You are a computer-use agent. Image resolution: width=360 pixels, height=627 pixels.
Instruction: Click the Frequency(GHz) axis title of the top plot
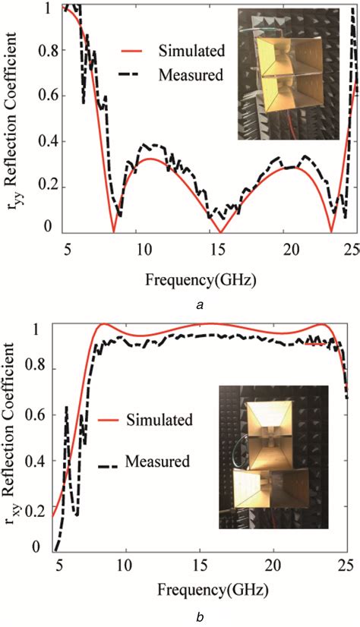point(197,279)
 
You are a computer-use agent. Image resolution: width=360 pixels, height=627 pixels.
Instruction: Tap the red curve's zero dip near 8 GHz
point(114,232)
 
